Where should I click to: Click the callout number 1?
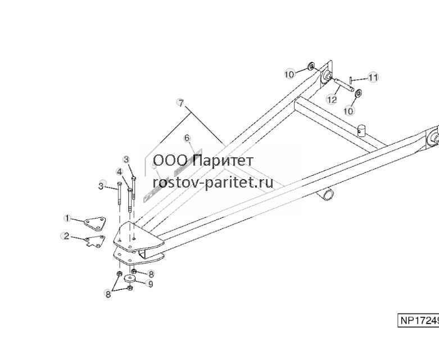click(x=67, y=218)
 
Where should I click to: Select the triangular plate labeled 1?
click(x=95, y=224)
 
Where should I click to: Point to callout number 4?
click(x=120, y=171)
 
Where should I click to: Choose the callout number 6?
click(x=187, y=138)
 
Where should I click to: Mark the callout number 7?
click(x=181, y=103)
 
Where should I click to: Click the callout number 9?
click(x=151, y=284)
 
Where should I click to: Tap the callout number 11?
click(x=373, y=77)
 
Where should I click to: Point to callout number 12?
click(x=332, y=99)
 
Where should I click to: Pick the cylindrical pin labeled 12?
click(x=343, y=85)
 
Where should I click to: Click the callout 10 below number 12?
click(x=349, y=111)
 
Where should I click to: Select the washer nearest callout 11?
click(x=358, y=93)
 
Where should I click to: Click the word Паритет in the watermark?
click(x=223, y=161)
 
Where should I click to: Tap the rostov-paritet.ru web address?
click(x=213, y=183)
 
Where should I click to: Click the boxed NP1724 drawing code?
click(x=418, y=321)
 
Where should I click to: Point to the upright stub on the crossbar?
click(x=362, y=131)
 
